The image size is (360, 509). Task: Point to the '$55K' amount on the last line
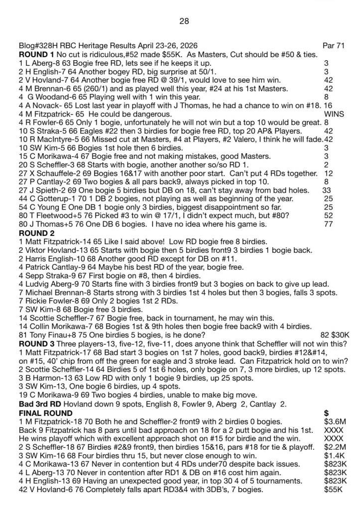tap(333, 489)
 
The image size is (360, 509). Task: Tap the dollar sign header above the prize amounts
tap(326, 412)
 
